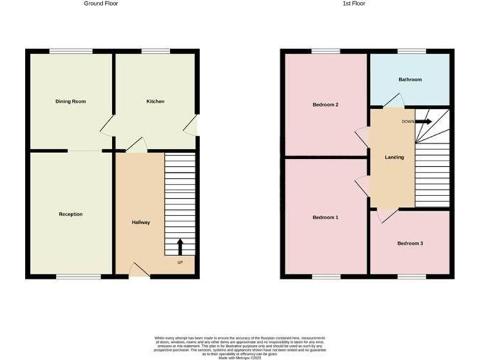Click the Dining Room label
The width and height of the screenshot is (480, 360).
pyautogui.click(x=71, y=101)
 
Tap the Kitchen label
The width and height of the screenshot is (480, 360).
pyautogui.click(x=155, y=101)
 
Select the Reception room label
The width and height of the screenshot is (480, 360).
pyautogui.click(x=71, y=214)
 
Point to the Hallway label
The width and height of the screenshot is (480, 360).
pyautogui.click(x=141, y=222)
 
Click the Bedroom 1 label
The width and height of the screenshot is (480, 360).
pyautogui.click(x=325, y=217)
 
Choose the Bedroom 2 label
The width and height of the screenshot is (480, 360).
pyautogui.click(x=325, y=104)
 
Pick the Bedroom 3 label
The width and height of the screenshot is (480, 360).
pyautogui.click(x=410, y=243)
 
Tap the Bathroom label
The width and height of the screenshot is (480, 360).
pyautogui.click(x=410, y=79)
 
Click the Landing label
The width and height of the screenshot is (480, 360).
pyautogui.click(x=394, y=157)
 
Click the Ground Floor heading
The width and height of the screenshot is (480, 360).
pyautogui.click(x=101, y=4)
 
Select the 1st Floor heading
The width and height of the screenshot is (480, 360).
pyautogui.click(x=354, y=4)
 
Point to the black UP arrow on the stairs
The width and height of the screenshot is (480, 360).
pyautogui.click(x=181, y=246)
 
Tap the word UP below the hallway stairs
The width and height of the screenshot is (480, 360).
pyautogui.click(x=180, y=262)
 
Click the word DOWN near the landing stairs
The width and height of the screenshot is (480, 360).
pyautogui.click(x=407, y=121)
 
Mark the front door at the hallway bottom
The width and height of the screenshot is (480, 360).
pyautogui.click(x=139, y=270)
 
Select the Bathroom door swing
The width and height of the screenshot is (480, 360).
pyautogui.click(x=394, y=101)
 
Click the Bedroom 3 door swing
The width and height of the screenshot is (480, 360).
pyautogui.click(x=386, y=216)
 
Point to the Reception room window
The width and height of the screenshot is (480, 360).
pyautogui.click(x=78, y=276)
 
